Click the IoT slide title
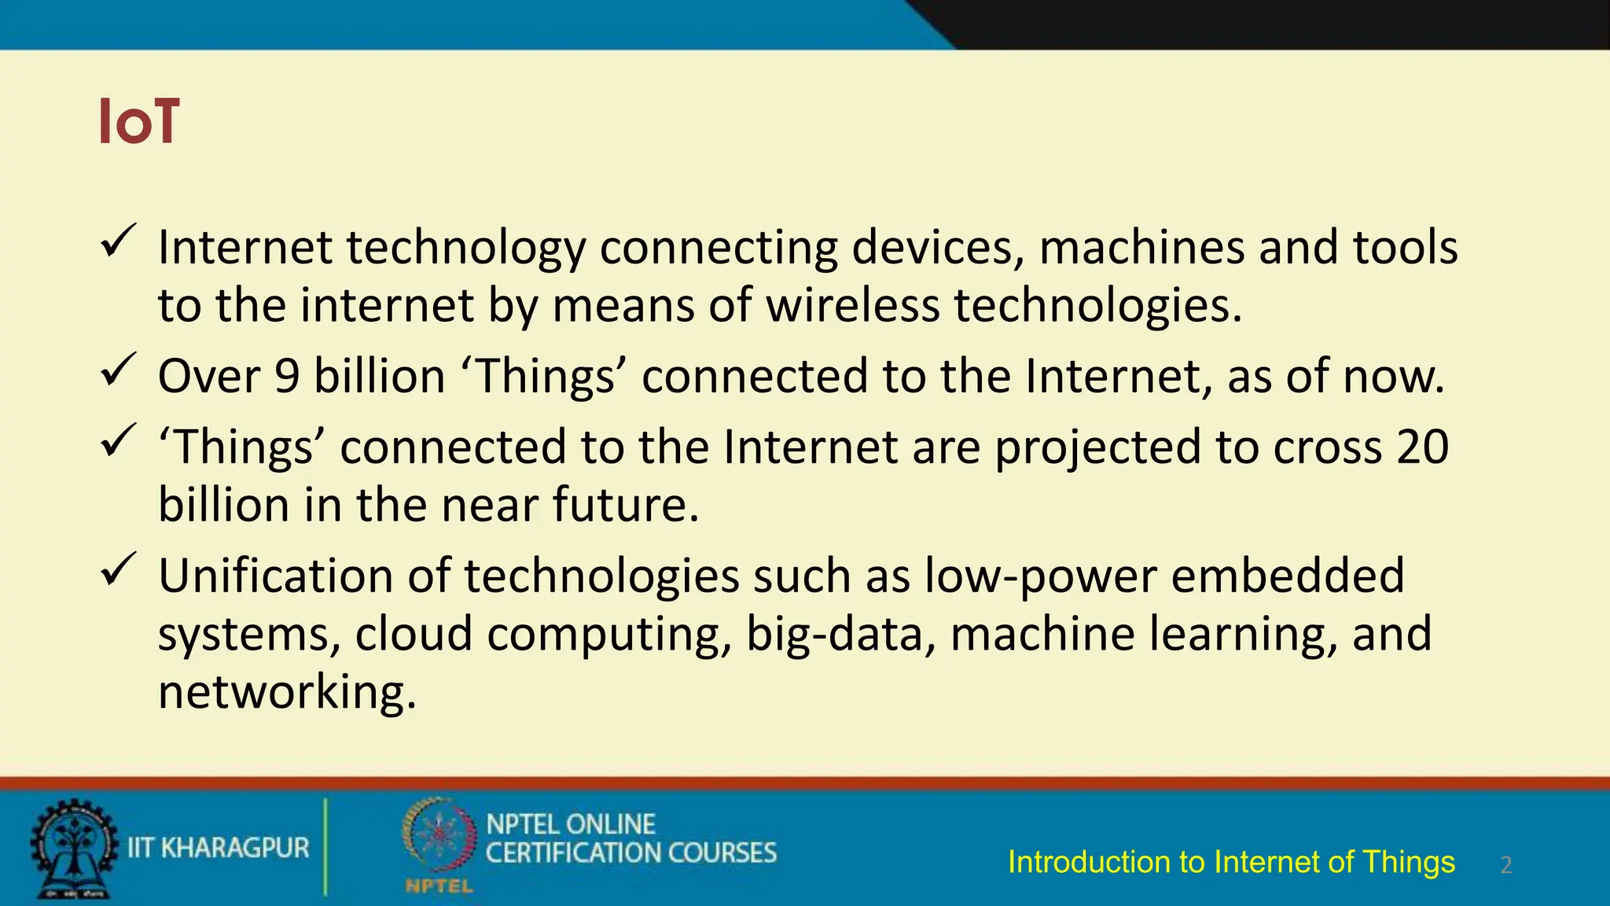[x=139, y=122]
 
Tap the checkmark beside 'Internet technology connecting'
[x=119, y=241]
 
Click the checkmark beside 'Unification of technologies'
[x=119, y=569]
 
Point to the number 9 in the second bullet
[x=287, y=376]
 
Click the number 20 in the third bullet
[x=1423, y=447]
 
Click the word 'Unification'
[x=276, y=576]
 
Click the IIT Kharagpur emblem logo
[x=73, y=849]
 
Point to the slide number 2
[x=1506, y=865]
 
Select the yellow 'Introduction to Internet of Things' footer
[x=1231, y=862]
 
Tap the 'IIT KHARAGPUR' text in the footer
[x=219, y=848]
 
